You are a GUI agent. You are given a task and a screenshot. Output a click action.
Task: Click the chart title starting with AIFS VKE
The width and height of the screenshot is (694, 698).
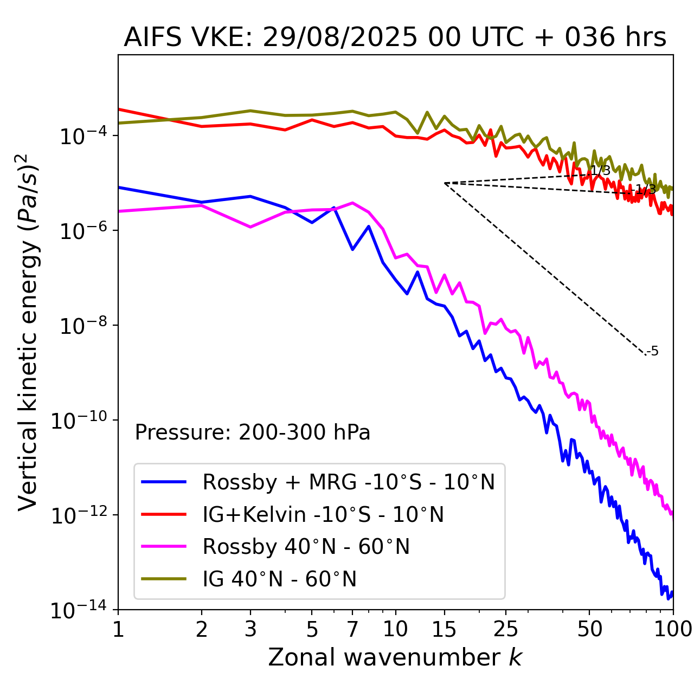click(395, 38)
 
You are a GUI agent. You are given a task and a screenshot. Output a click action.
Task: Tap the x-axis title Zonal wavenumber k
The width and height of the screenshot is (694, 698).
click(395, 657)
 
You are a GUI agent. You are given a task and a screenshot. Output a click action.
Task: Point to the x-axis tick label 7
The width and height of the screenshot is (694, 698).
click(352, 629)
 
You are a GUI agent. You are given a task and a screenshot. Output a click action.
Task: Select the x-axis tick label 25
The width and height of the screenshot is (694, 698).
click(505, 629)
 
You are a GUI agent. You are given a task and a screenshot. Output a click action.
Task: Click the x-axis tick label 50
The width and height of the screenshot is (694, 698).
click(589, 629)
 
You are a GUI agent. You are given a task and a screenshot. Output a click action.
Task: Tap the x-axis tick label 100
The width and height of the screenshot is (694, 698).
click(672, 629)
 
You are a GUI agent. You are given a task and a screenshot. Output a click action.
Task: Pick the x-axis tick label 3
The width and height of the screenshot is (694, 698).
click(250, 629)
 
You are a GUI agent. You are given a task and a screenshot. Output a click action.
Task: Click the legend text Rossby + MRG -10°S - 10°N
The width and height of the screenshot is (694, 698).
click(349, 482)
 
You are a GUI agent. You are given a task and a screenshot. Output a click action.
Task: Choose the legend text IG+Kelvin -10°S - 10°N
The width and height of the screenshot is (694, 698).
click(323, 514)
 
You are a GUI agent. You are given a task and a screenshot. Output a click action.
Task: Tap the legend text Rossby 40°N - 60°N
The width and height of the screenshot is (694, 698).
click(306, 547)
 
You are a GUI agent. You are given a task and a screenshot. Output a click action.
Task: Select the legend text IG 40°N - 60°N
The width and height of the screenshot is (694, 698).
click(280, 579)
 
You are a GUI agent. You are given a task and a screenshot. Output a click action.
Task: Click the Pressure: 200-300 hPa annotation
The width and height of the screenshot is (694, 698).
click(253, 432)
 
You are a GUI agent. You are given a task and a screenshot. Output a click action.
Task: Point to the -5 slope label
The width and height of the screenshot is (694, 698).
click(653, 351)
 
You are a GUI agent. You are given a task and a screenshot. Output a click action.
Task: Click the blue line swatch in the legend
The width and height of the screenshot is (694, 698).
click(164, 482)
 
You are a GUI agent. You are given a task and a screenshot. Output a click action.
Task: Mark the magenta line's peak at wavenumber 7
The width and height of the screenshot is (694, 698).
click(352, 203)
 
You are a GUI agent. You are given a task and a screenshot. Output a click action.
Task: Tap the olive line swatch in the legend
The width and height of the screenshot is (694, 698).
click(164, 579)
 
